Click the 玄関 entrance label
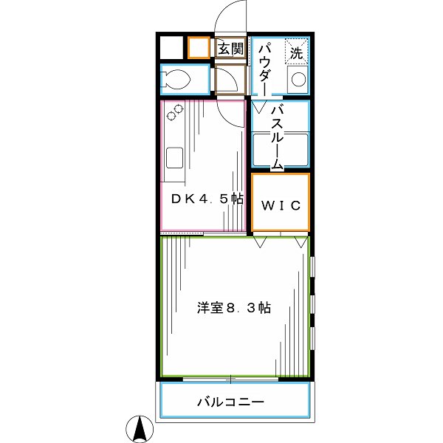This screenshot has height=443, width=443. tap(230, 49)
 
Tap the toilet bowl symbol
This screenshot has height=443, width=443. tap(177, 79)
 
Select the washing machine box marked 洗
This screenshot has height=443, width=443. tap(296, 52)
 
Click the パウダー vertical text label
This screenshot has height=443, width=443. tap(265, 66)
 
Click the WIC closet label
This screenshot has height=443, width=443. tap(280, 205)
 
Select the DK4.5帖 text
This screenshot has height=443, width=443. tap(207, 198)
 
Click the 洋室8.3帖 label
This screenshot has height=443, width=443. tap(233, 307)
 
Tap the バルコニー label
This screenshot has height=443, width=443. tap(230, 402)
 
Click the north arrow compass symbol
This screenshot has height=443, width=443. tap(140, 427)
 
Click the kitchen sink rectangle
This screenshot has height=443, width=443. tap(175, 158)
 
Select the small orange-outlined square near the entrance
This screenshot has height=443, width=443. tap(198, 49)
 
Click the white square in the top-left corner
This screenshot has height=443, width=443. tap(171, 48)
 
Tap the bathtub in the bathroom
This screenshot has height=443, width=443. tap(281, 149)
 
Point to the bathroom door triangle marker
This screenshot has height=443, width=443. tap(258, 107)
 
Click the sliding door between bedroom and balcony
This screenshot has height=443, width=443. tap(231, 379)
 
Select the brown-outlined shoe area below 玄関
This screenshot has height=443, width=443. tap(230, 78)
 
